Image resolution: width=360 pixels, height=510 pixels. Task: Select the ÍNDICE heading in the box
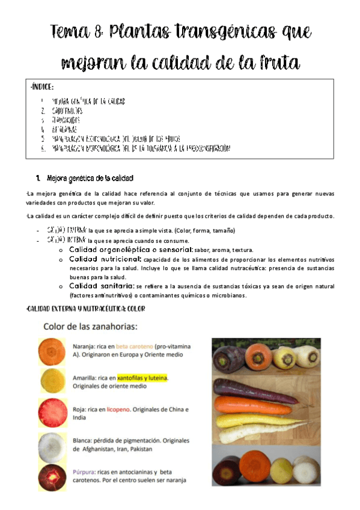(x=42, y=88)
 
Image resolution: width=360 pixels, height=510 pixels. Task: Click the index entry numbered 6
(x=141, y=148)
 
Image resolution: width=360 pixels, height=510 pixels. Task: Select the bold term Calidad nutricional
(x=105, y=259)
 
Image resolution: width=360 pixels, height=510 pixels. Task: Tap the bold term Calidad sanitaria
(x=101, y=286)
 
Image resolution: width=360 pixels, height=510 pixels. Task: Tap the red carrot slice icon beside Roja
(x=52, y=413)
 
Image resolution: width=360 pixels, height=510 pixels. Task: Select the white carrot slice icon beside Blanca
(x=52, y=446)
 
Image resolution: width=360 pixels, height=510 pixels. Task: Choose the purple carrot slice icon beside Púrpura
(x=52, y=477)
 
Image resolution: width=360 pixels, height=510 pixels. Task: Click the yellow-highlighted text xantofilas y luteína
(x=142, y=378)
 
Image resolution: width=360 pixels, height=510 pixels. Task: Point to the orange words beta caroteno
(x=134, y=347)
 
